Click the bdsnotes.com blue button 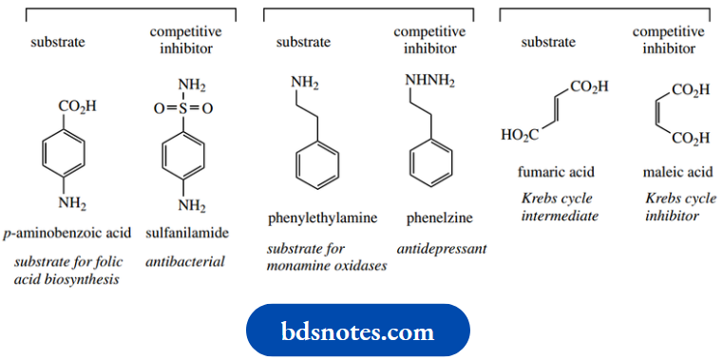click(358, 332)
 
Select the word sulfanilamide click(186, 233)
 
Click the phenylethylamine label click(324, 218)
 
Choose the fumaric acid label click(556, 172)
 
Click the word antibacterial click(186, 260)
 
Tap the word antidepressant click(442, 248)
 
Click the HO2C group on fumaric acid click(520, 136)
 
